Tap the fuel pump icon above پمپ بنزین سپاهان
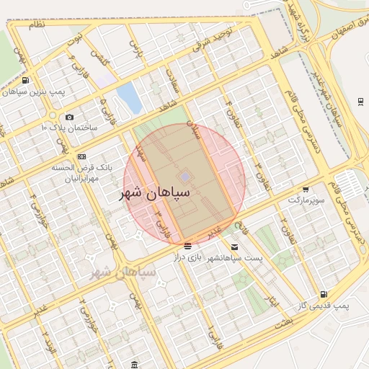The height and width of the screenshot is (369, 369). click(x=27, y=81)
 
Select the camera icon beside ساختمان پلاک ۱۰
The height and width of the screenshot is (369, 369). click(x=69, y=117)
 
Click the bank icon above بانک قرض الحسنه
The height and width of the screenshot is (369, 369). click(x=81, y=156)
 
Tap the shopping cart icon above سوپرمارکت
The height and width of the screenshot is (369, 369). click(x=306, y=188)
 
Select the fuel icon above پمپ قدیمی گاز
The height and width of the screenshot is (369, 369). click(x=323, y=294)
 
